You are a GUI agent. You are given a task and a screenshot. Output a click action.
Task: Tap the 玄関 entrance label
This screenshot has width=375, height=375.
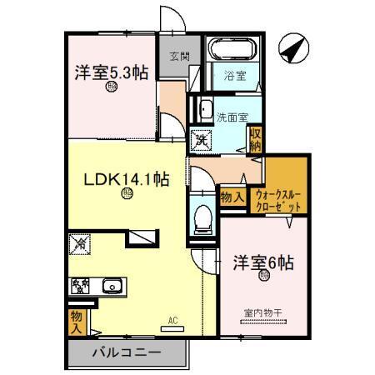(178, 57)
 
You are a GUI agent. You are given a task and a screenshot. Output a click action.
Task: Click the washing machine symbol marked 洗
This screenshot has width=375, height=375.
(202, 139)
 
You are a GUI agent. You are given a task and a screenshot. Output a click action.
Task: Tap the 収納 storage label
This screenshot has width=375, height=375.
(257, 138)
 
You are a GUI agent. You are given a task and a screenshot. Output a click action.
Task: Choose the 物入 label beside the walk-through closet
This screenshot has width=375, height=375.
(232, 197)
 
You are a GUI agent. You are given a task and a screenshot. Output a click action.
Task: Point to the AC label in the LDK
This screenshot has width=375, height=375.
(173, 320)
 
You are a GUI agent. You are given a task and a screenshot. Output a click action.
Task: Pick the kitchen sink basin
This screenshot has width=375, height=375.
(112, 287)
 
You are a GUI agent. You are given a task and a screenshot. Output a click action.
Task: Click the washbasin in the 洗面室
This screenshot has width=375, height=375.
(203, 108)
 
